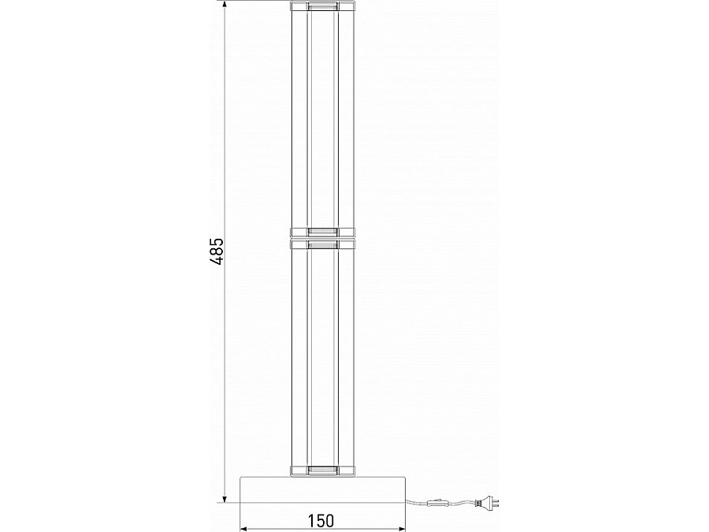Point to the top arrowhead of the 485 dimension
[x=225, y=6]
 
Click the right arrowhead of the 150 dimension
[x=399, y=529]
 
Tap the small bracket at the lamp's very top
[x=323, y=6]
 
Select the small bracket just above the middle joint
[x=323, y=232]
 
